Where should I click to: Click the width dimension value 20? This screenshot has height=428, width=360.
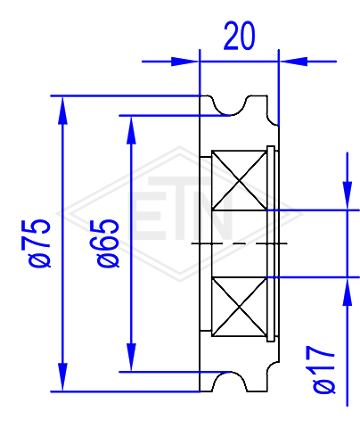pos(239,36)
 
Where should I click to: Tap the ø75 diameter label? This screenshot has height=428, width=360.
pos(39,243)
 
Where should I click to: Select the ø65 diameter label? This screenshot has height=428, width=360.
pos(108,243)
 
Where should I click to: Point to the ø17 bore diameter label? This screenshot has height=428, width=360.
pos(324,369)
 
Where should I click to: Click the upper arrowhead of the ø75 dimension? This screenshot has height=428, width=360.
pos(62,110)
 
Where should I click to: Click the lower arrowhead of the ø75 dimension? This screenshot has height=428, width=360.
pos(62,377)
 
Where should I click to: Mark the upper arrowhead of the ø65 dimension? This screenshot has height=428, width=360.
pos(131,130)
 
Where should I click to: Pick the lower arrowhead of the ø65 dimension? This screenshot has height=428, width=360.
pos(131,358)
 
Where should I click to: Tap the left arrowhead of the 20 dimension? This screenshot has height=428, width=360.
pos(185,62)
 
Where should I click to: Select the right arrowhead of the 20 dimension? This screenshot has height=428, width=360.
pos(293,62)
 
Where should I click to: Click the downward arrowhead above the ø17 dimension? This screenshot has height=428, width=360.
pos(348,195)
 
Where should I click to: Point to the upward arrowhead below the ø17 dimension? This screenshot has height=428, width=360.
pos(348,292)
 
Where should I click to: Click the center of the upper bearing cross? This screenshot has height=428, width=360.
pos(240,180)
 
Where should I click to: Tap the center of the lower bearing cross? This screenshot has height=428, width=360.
pos(240,307)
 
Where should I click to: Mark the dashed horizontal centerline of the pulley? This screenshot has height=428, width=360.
pos(240,243)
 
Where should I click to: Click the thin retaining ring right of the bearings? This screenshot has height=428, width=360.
pos(271,243)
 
